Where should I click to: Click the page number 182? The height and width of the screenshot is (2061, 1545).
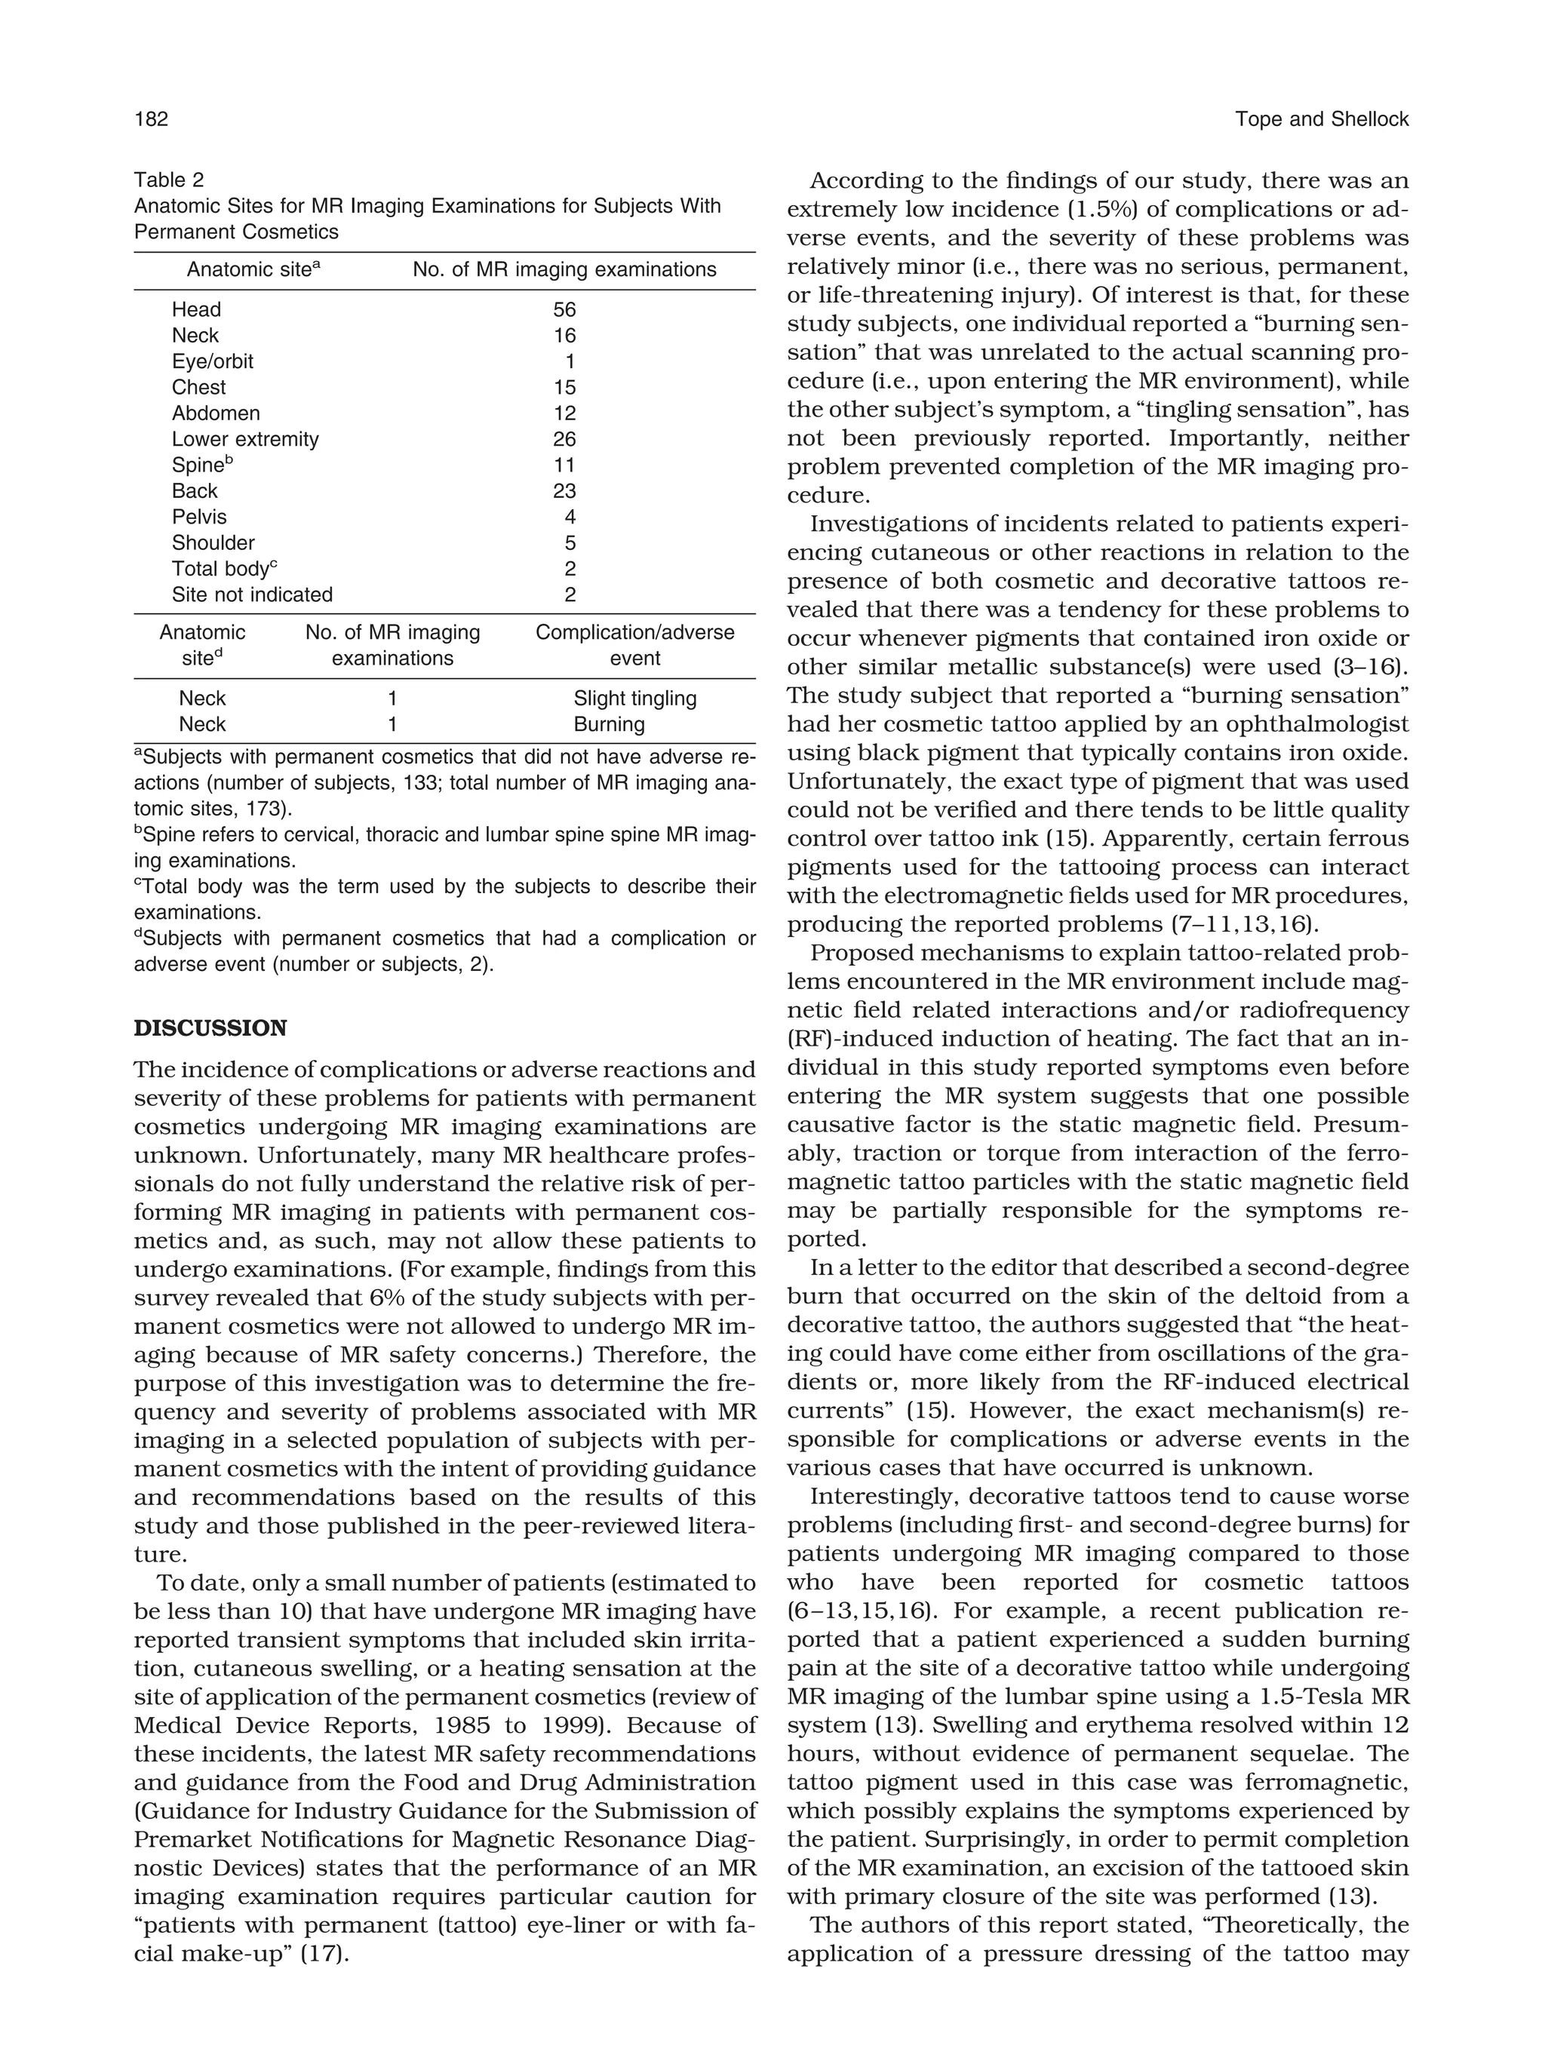[x=151, y=119]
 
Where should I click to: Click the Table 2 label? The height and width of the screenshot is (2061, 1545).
[x=169, y=180]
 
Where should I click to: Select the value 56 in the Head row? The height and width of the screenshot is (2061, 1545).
[x=565, y=309]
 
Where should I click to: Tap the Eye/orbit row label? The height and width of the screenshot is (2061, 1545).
[x=213, y=361]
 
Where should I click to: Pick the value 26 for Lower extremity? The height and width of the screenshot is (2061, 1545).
[x=565, y=439]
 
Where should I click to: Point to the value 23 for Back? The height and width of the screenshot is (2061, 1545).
[x=565, y=491]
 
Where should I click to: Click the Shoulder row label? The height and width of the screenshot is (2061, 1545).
[x=213, y=542]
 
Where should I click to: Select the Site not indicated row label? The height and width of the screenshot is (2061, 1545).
[x=252, y=594]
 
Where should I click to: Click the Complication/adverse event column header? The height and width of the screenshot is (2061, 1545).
[x=634, y=645]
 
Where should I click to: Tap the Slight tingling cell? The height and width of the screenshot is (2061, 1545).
[x=634, y=698]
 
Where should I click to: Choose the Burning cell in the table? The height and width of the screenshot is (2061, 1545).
[x=610, y=724]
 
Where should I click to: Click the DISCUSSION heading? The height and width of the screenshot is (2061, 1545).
[x=210, y=1029]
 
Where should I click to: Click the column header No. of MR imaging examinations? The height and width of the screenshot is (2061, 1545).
[x=565, y=270]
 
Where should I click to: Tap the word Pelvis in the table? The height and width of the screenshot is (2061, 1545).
[x=199, y=517]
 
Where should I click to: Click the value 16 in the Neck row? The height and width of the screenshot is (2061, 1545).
[x=565, y=336]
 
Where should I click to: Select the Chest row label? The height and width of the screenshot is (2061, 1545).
[x=198, y=388]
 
